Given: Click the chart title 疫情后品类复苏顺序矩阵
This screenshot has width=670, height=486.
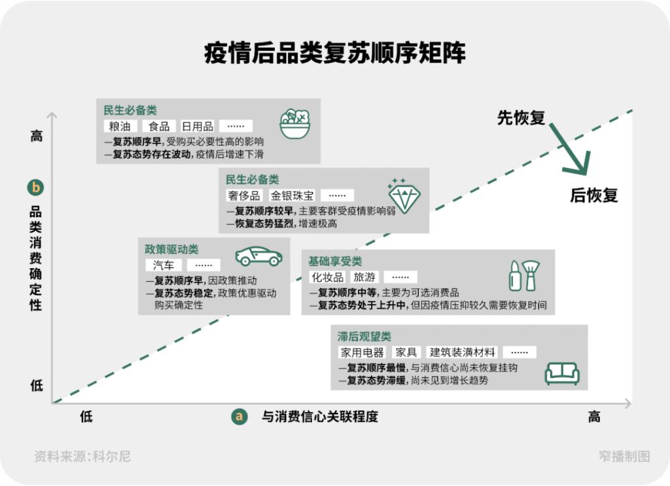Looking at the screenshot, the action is tap(334, 53).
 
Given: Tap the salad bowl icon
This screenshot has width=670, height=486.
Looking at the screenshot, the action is tap(295, 124).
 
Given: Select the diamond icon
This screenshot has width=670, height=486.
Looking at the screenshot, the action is tap(404, 196).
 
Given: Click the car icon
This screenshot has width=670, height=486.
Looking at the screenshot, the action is tap(259, 256).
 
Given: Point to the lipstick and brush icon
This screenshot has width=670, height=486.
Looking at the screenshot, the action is tap(524, 276).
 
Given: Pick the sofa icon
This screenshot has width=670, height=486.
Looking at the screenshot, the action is tap(562, 373).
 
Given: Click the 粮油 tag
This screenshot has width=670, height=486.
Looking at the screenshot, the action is tap(120, 126).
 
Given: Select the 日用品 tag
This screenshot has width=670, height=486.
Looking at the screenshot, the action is tap(198, 126).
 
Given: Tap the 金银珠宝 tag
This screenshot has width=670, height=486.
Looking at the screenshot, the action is tap(292, 196).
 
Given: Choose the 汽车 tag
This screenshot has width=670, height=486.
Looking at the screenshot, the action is tap(163, 265).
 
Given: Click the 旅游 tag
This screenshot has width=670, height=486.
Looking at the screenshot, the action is tap(364, 277).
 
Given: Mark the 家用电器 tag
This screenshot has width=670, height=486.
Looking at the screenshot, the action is tap(362, 353).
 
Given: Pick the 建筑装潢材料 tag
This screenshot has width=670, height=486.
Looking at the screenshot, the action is tap(463, 353).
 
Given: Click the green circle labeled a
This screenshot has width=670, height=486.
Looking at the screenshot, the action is tap(239, 417).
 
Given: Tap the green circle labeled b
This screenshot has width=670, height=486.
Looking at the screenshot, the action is tap(35, 188).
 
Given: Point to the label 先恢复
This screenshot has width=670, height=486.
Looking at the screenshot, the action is tap(521, 118).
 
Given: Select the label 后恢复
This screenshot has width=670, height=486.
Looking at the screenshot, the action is tap(594, 195).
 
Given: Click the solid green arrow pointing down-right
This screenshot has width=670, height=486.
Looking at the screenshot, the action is tap(570, 149).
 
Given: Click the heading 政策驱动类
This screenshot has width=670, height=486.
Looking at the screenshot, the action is tap(171, 249).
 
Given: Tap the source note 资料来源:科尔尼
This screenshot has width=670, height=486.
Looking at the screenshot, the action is tap(82, 457).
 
